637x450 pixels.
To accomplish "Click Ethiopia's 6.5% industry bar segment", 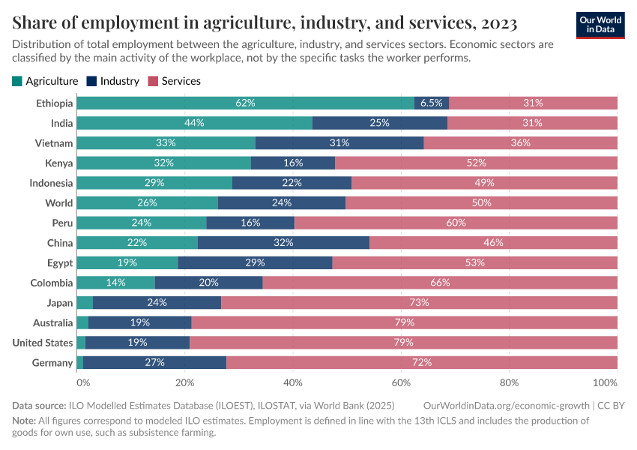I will coord(432,103).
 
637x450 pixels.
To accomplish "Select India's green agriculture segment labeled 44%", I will coord(194,123).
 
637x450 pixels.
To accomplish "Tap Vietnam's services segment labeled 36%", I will coord(520,142).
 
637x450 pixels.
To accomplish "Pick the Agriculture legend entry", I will coord(45,81).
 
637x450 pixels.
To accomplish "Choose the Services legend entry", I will coord(175,81).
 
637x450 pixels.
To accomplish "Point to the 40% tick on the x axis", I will coord(293,382).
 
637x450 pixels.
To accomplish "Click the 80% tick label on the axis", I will coord(509,382).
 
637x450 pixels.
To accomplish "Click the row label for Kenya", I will coord(58,163).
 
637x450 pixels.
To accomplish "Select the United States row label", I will coord(43,343).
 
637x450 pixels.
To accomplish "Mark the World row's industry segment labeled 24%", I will coord(282,202).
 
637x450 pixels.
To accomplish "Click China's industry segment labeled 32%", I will coord(283,243).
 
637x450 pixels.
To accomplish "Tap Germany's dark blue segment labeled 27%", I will coord(154,363).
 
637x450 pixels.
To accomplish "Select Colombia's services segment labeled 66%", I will coord(440,283).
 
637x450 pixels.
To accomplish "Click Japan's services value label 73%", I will coord(419,303).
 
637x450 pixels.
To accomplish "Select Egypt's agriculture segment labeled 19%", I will coord(127,262).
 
